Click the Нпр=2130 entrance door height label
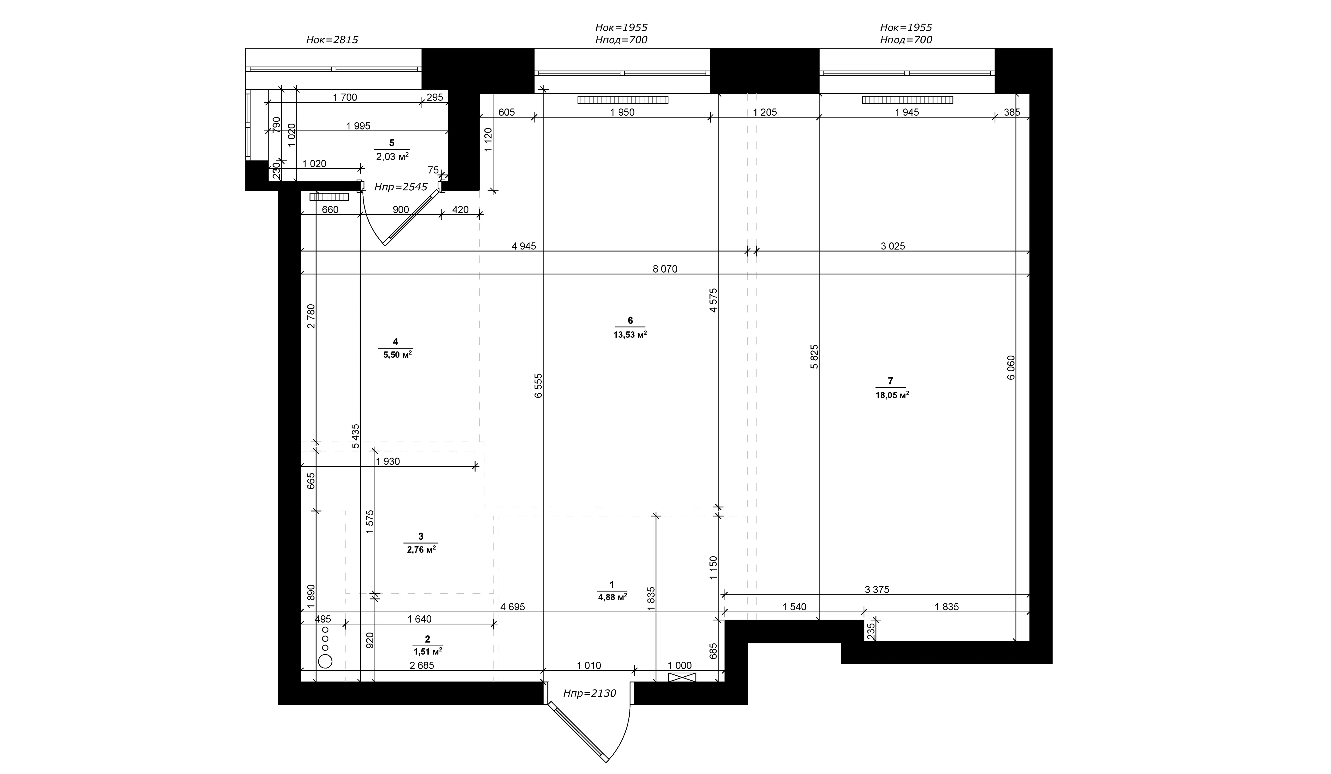tap(589, 693)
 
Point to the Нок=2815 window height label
tap(332, 40)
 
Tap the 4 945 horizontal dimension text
tap(524, 246)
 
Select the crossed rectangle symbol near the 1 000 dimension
tap(682, 677)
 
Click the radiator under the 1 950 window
tap(623, 100)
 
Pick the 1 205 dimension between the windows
tap(765, 112)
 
